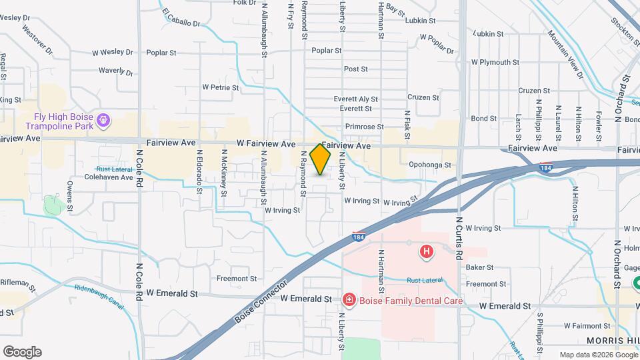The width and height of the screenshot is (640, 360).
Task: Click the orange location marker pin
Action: [321, 159]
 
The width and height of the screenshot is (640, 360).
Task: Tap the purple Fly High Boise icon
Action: [102, 121]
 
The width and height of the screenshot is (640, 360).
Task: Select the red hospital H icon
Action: [426, 252]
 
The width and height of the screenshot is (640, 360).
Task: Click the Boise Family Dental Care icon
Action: [348, 301]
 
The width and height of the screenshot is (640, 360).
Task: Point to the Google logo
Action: [22, 352]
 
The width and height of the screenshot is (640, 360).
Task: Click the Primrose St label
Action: [365, 127]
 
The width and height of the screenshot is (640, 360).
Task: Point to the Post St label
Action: [356, 69]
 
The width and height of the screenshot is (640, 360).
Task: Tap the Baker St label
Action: [479, 267]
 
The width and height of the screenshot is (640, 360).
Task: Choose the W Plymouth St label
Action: [495, 62]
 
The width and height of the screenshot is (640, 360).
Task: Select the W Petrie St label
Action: [221, 87]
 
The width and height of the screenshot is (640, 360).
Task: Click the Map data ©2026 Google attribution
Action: [597, 355]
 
